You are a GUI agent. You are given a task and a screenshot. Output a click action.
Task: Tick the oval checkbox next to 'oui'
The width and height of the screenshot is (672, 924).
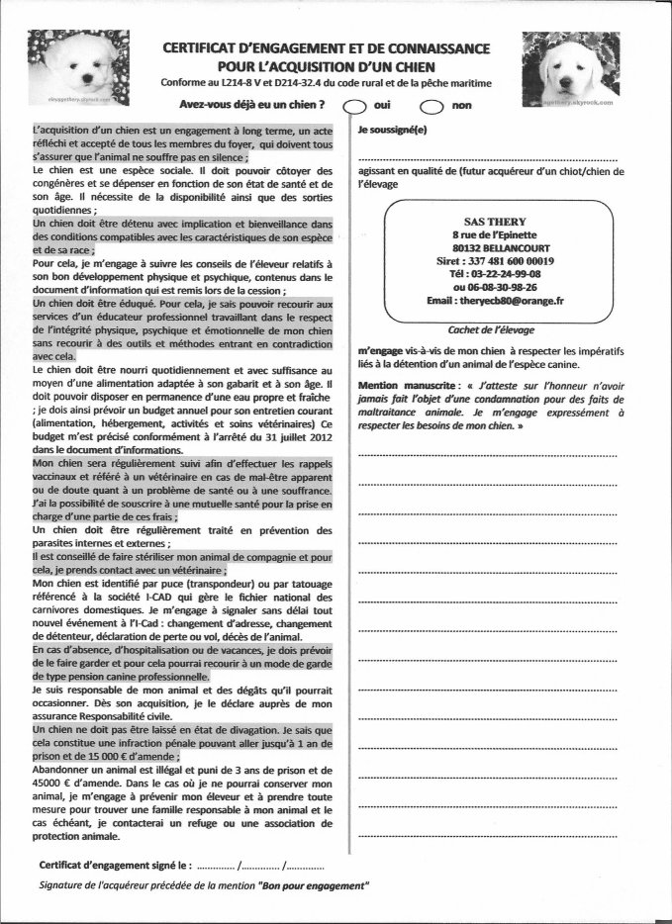pyautogui.click(x=354, y=107)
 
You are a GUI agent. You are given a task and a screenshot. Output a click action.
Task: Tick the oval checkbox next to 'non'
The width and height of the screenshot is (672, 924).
pyautogui.click(x=432, y=107)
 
